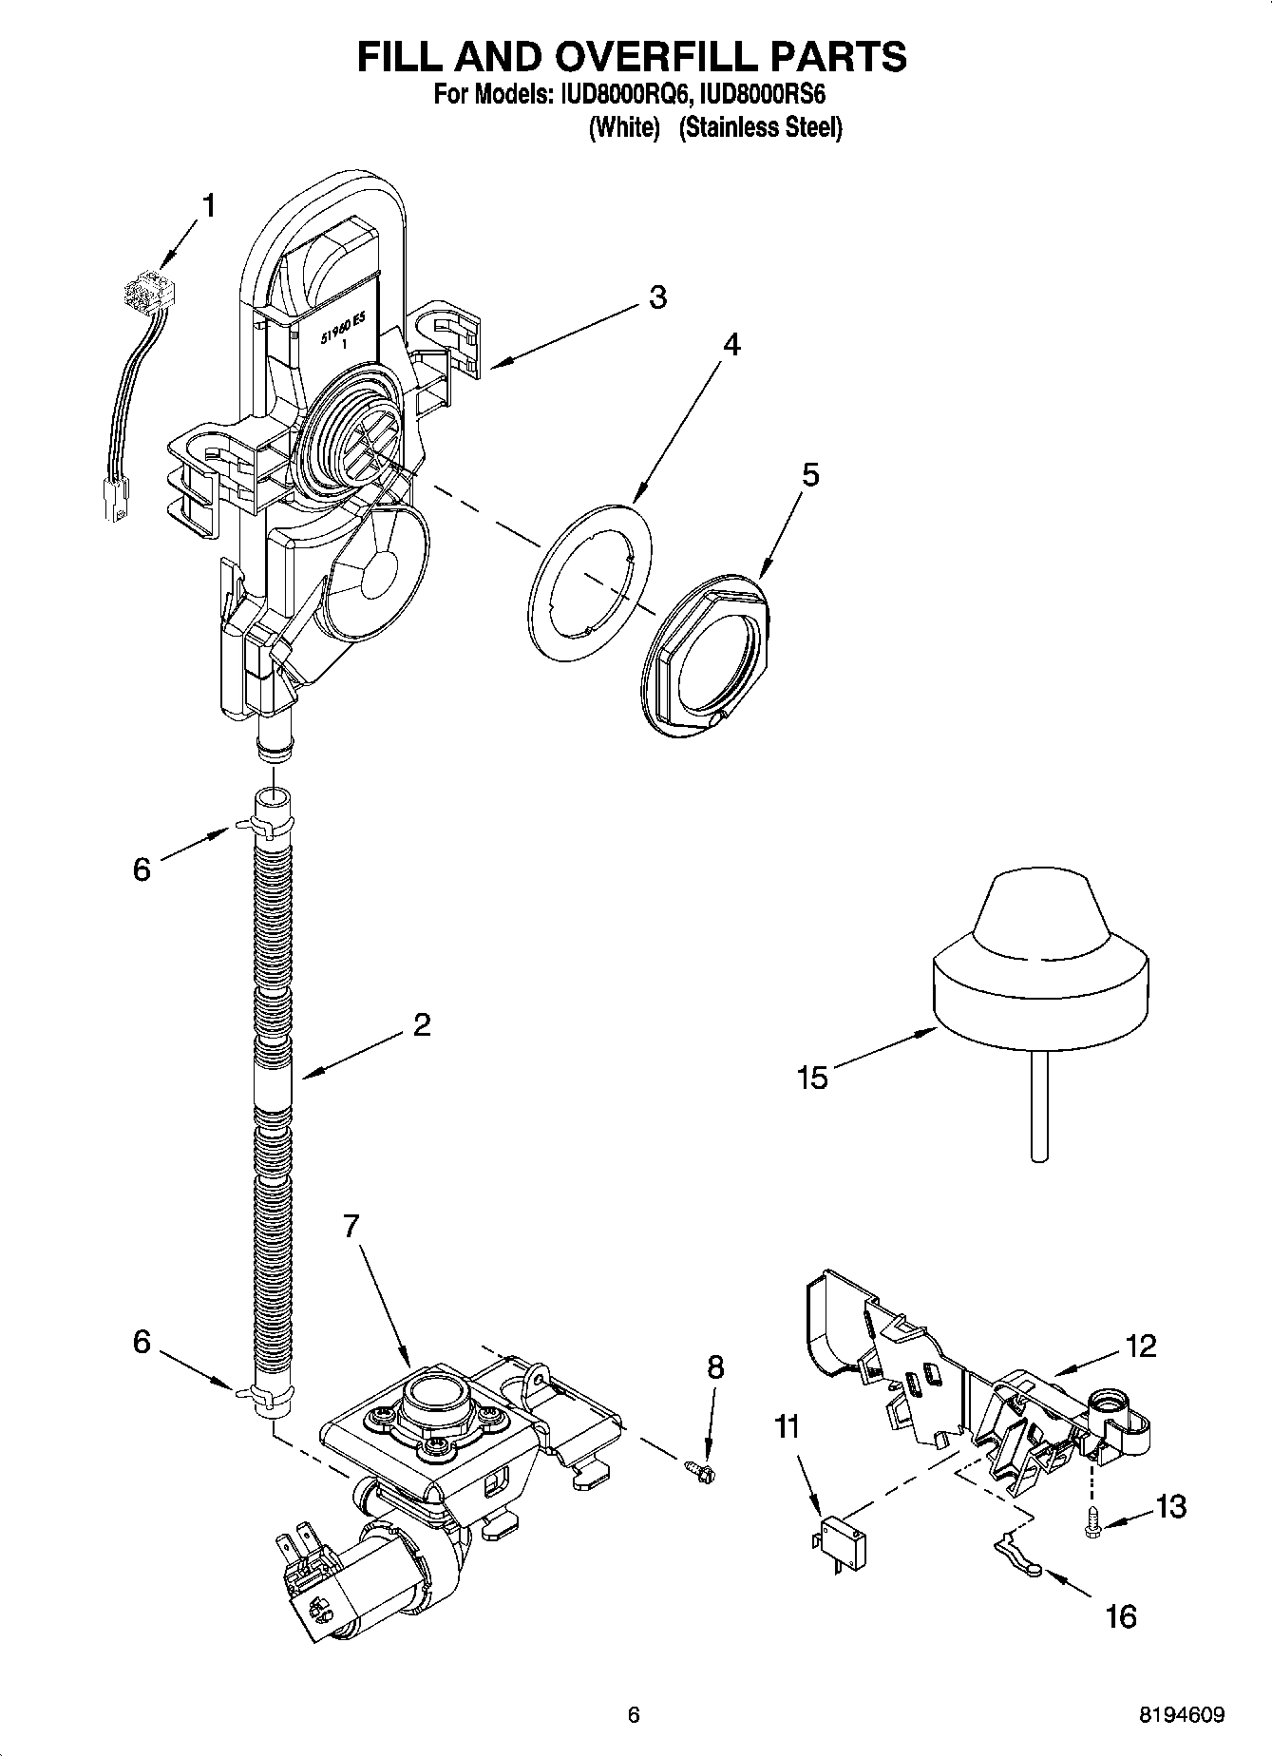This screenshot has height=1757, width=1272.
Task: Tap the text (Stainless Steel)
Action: [760, 127]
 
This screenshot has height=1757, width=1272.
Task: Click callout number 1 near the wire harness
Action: [207, 204]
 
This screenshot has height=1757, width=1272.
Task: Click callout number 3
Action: [657, 297]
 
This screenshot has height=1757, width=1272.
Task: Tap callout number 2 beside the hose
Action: [421, 1024]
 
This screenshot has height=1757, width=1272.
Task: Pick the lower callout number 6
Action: [142, 1341]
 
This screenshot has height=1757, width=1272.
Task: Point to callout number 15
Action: [813, 1078]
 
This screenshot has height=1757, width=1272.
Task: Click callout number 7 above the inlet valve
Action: [351, 1227]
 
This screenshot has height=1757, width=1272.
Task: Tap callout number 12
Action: [1141, 1346]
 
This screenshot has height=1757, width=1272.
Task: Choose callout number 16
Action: [1121, 1615]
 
